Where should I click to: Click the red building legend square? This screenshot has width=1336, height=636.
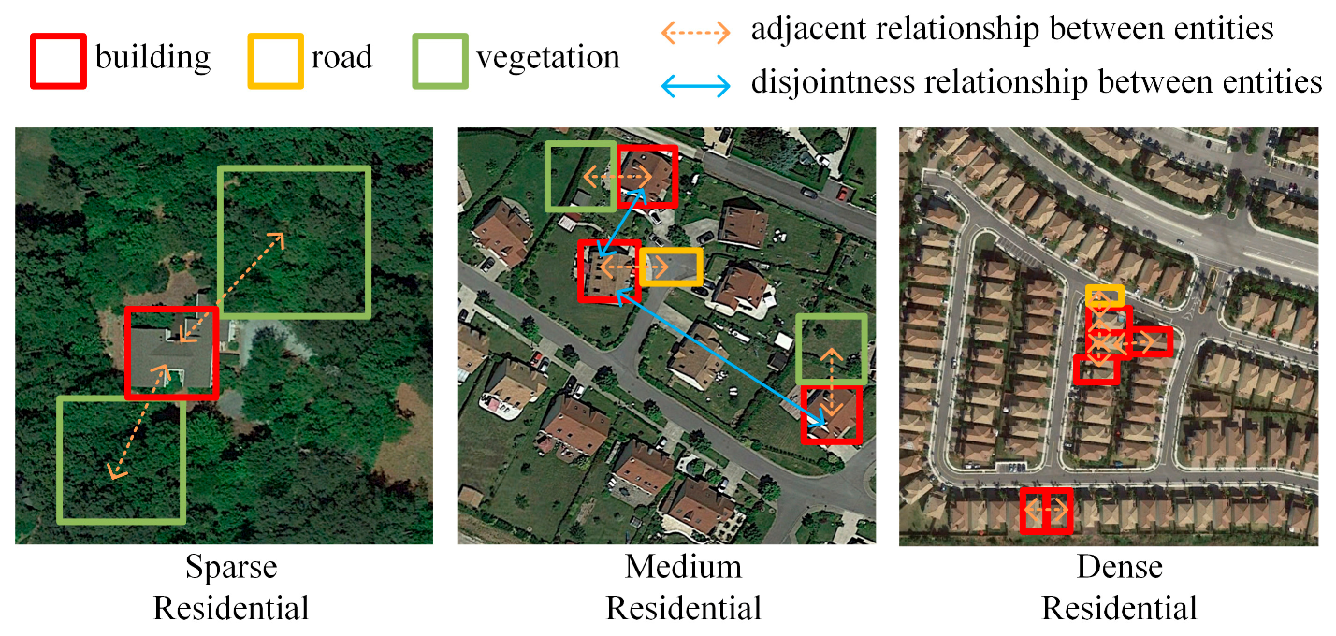(59, 61)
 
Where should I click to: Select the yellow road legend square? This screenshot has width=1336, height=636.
(276, 61)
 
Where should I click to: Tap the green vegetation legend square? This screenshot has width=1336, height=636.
(440, 61)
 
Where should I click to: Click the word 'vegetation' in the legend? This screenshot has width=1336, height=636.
(547, 58)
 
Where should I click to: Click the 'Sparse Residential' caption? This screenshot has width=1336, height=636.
(231, 587)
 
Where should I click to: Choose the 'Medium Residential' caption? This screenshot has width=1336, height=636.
(683, 587)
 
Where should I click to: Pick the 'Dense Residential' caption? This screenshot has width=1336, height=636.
(1119, 587)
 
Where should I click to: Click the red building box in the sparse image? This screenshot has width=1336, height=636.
(171, 353)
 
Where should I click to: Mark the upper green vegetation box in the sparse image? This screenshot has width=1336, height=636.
(294, 241)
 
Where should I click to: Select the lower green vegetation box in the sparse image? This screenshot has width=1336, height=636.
(121, 459)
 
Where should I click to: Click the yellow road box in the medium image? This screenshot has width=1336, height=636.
(671, 267)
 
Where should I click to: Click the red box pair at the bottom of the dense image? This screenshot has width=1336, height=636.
(1045, 512)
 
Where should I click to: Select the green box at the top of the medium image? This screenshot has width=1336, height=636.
(580, 175)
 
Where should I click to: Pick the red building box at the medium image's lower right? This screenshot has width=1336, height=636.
(830, 413)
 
